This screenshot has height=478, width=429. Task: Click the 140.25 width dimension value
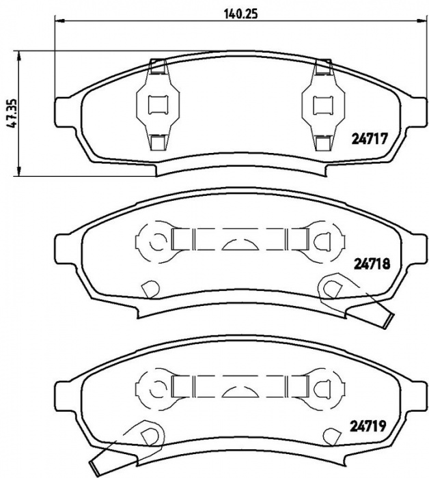point(241,14)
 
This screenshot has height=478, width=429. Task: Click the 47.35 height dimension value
point(14,114)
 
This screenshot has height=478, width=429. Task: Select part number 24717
point(370,139)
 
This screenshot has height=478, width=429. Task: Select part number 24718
point(372,264)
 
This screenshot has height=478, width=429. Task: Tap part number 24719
point(368,426)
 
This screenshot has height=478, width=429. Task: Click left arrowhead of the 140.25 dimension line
point(59,20)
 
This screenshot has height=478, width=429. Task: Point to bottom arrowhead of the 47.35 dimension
point(19,171)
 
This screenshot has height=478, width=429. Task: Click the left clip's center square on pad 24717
point(158,105)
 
